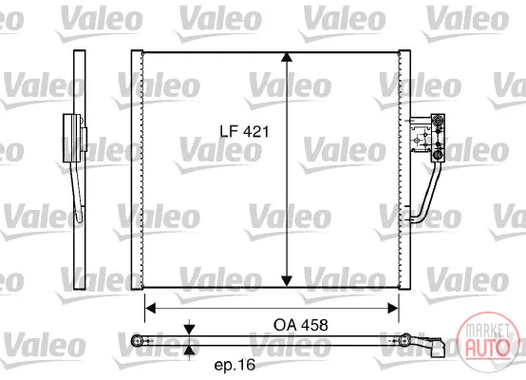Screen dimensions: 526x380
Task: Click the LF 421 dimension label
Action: click(x=244, y=131)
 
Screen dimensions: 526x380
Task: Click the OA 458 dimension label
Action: click(x=301, y=325)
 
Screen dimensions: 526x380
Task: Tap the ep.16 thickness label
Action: click(x=235, y=365)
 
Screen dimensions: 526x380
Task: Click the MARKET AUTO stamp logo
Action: click(x=487, y=342)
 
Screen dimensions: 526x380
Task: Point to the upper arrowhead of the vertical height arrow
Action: click(x=287, y=57)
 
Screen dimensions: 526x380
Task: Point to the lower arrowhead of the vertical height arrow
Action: click(x=287, y=281)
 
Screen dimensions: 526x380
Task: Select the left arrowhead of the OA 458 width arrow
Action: click(x=150, y=308)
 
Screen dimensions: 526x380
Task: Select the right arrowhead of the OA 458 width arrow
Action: click(x=393, y=308)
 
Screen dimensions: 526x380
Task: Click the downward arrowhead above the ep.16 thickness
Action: click(x=190, y=330)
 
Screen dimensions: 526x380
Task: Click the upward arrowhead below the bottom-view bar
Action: click(x=190, y=351)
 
